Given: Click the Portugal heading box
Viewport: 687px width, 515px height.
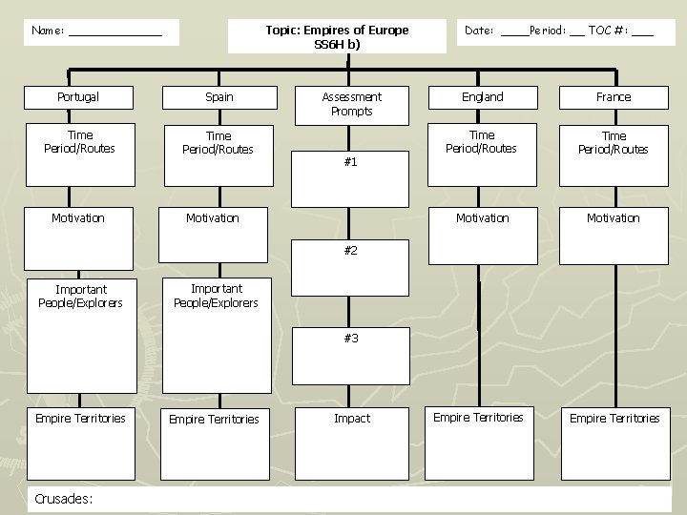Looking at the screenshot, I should pyautogui.click(x=78, y=97).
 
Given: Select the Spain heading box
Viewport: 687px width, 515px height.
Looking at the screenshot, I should pyautogui.click(x=219, y=97).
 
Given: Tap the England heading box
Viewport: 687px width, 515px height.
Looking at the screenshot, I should pyautogui.click(x=483, y=97).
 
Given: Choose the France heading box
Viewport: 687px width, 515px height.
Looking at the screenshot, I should pyautogui.click(x=614, y=97).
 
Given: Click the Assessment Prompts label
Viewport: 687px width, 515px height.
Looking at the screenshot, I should pyautogui.click(x=351, y=104).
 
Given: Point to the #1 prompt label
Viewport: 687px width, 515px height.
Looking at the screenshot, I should pyautogui.click(x=350, y=162).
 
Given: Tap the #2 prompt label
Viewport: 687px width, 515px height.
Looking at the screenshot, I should pyautogui.click(x=350, y=250).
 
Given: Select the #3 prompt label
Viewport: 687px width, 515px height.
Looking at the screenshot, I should pyautogui.click(x=350, y=339).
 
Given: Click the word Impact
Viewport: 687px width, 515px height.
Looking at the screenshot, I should pyautogui.click(x=352, y=419).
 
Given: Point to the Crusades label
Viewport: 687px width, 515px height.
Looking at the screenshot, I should pyautogui.click(x=62, y=498).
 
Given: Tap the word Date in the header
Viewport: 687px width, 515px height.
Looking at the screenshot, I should pyautogui.click(x=479, y=31).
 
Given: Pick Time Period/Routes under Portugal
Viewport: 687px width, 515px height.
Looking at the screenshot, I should pyautogui.click(x=80, y=142).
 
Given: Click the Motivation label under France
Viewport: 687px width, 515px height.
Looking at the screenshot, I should pyautogui.click(x=614, y=218).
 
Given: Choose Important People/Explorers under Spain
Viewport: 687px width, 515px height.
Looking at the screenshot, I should pyautogui.click(x=216, y=296).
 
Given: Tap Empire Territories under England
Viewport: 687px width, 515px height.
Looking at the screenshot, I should pyautogui.click(x=478, y=418).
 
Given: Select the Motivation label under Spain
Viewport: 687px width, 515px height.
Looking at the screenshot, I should pyautogui.click(x=213, y=218).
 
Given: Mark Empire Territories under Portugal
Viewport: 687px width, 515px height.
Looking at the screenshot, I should pyautogui.click(x=80, y=419).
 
